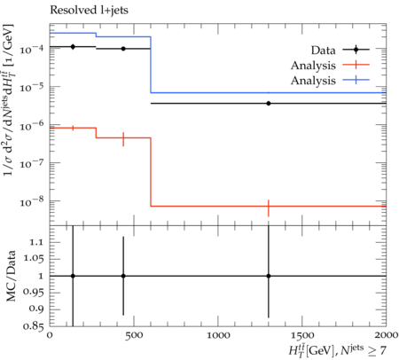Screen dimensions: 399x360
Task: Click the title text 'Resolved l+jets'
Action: point(89,11)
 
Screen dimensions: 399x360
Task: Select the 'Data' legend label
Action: point(323,51)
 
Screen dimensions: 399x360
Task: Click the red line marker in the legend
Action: point(356,64)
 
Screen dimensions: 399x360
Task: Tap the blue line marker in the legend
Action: point(356,80)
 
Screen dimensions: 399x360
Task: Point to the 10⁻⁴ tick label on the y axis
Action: point(32,49)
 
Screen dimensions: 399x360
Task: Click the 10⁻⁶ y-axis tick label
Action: point(32,125)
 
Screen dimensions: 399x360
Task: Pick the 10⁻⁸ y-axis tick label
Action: point(32,201)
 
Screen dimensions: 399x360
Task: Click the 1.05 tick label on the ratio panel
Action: point(34,259)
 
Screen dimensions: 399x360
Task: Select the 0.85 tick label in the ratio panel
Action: point(33,326)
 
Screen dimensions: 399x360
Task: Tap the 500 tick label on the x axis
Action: point(134,336)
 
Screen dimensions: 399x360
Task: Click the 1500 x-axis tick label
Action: point(302,336)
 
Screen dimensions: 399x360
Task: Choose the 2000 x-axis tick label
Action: point(386,336)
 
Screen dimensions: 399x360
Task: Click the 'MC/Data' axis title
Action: point(11,276)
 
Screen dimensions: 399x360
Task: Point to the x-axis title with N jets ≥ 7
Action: point(338,350)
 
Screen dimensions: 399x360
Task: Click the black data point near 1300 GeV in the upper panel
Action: point(269,103)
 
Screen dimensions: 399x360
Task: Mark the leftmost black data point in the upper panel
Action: point(73,47)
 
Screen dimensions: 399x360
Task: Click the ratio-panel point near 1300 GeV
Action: point(269,276)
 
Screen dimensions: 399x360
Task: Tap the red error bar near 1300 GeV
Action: point(269,208)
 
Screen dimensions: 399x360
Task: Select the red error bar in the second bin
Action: point(123,139)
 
